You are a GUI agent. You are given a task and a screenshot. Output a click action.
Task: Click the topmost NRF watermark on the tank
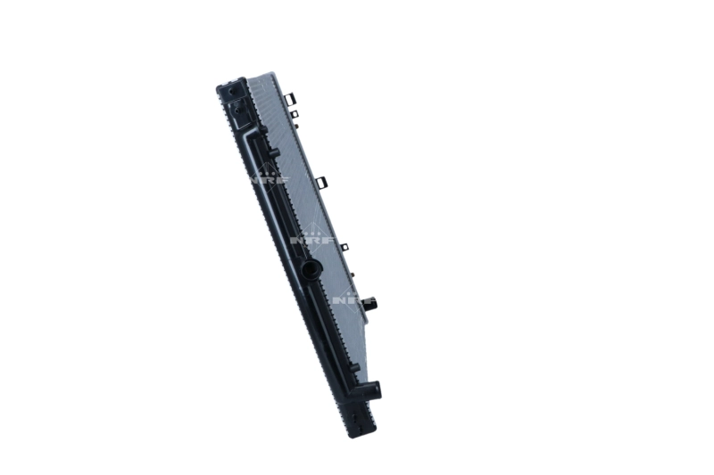coord(270,176)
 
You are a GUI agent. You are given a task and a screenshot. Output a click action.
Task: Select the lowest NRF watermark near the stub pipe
coord(353,299)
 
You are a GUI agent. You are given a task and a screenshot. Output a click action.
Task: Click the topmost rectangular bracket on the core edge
coord(289,99)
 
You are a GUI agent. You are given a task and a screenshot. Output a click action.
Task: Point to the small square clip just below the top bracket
coord(295,114)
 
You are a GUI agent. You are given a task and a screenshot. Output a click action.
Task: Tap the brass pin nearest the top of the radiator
coord(296,126)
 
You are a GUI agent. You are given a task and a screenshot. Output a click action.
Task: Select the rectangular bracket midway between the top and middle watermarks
coord(322,182)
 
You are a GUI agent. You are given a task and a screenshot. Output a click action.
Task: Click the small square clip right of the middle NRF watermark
coord(345,247)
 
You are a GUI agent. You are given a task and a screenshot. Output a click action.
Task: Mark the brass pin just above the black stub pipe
coord(353,274)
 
